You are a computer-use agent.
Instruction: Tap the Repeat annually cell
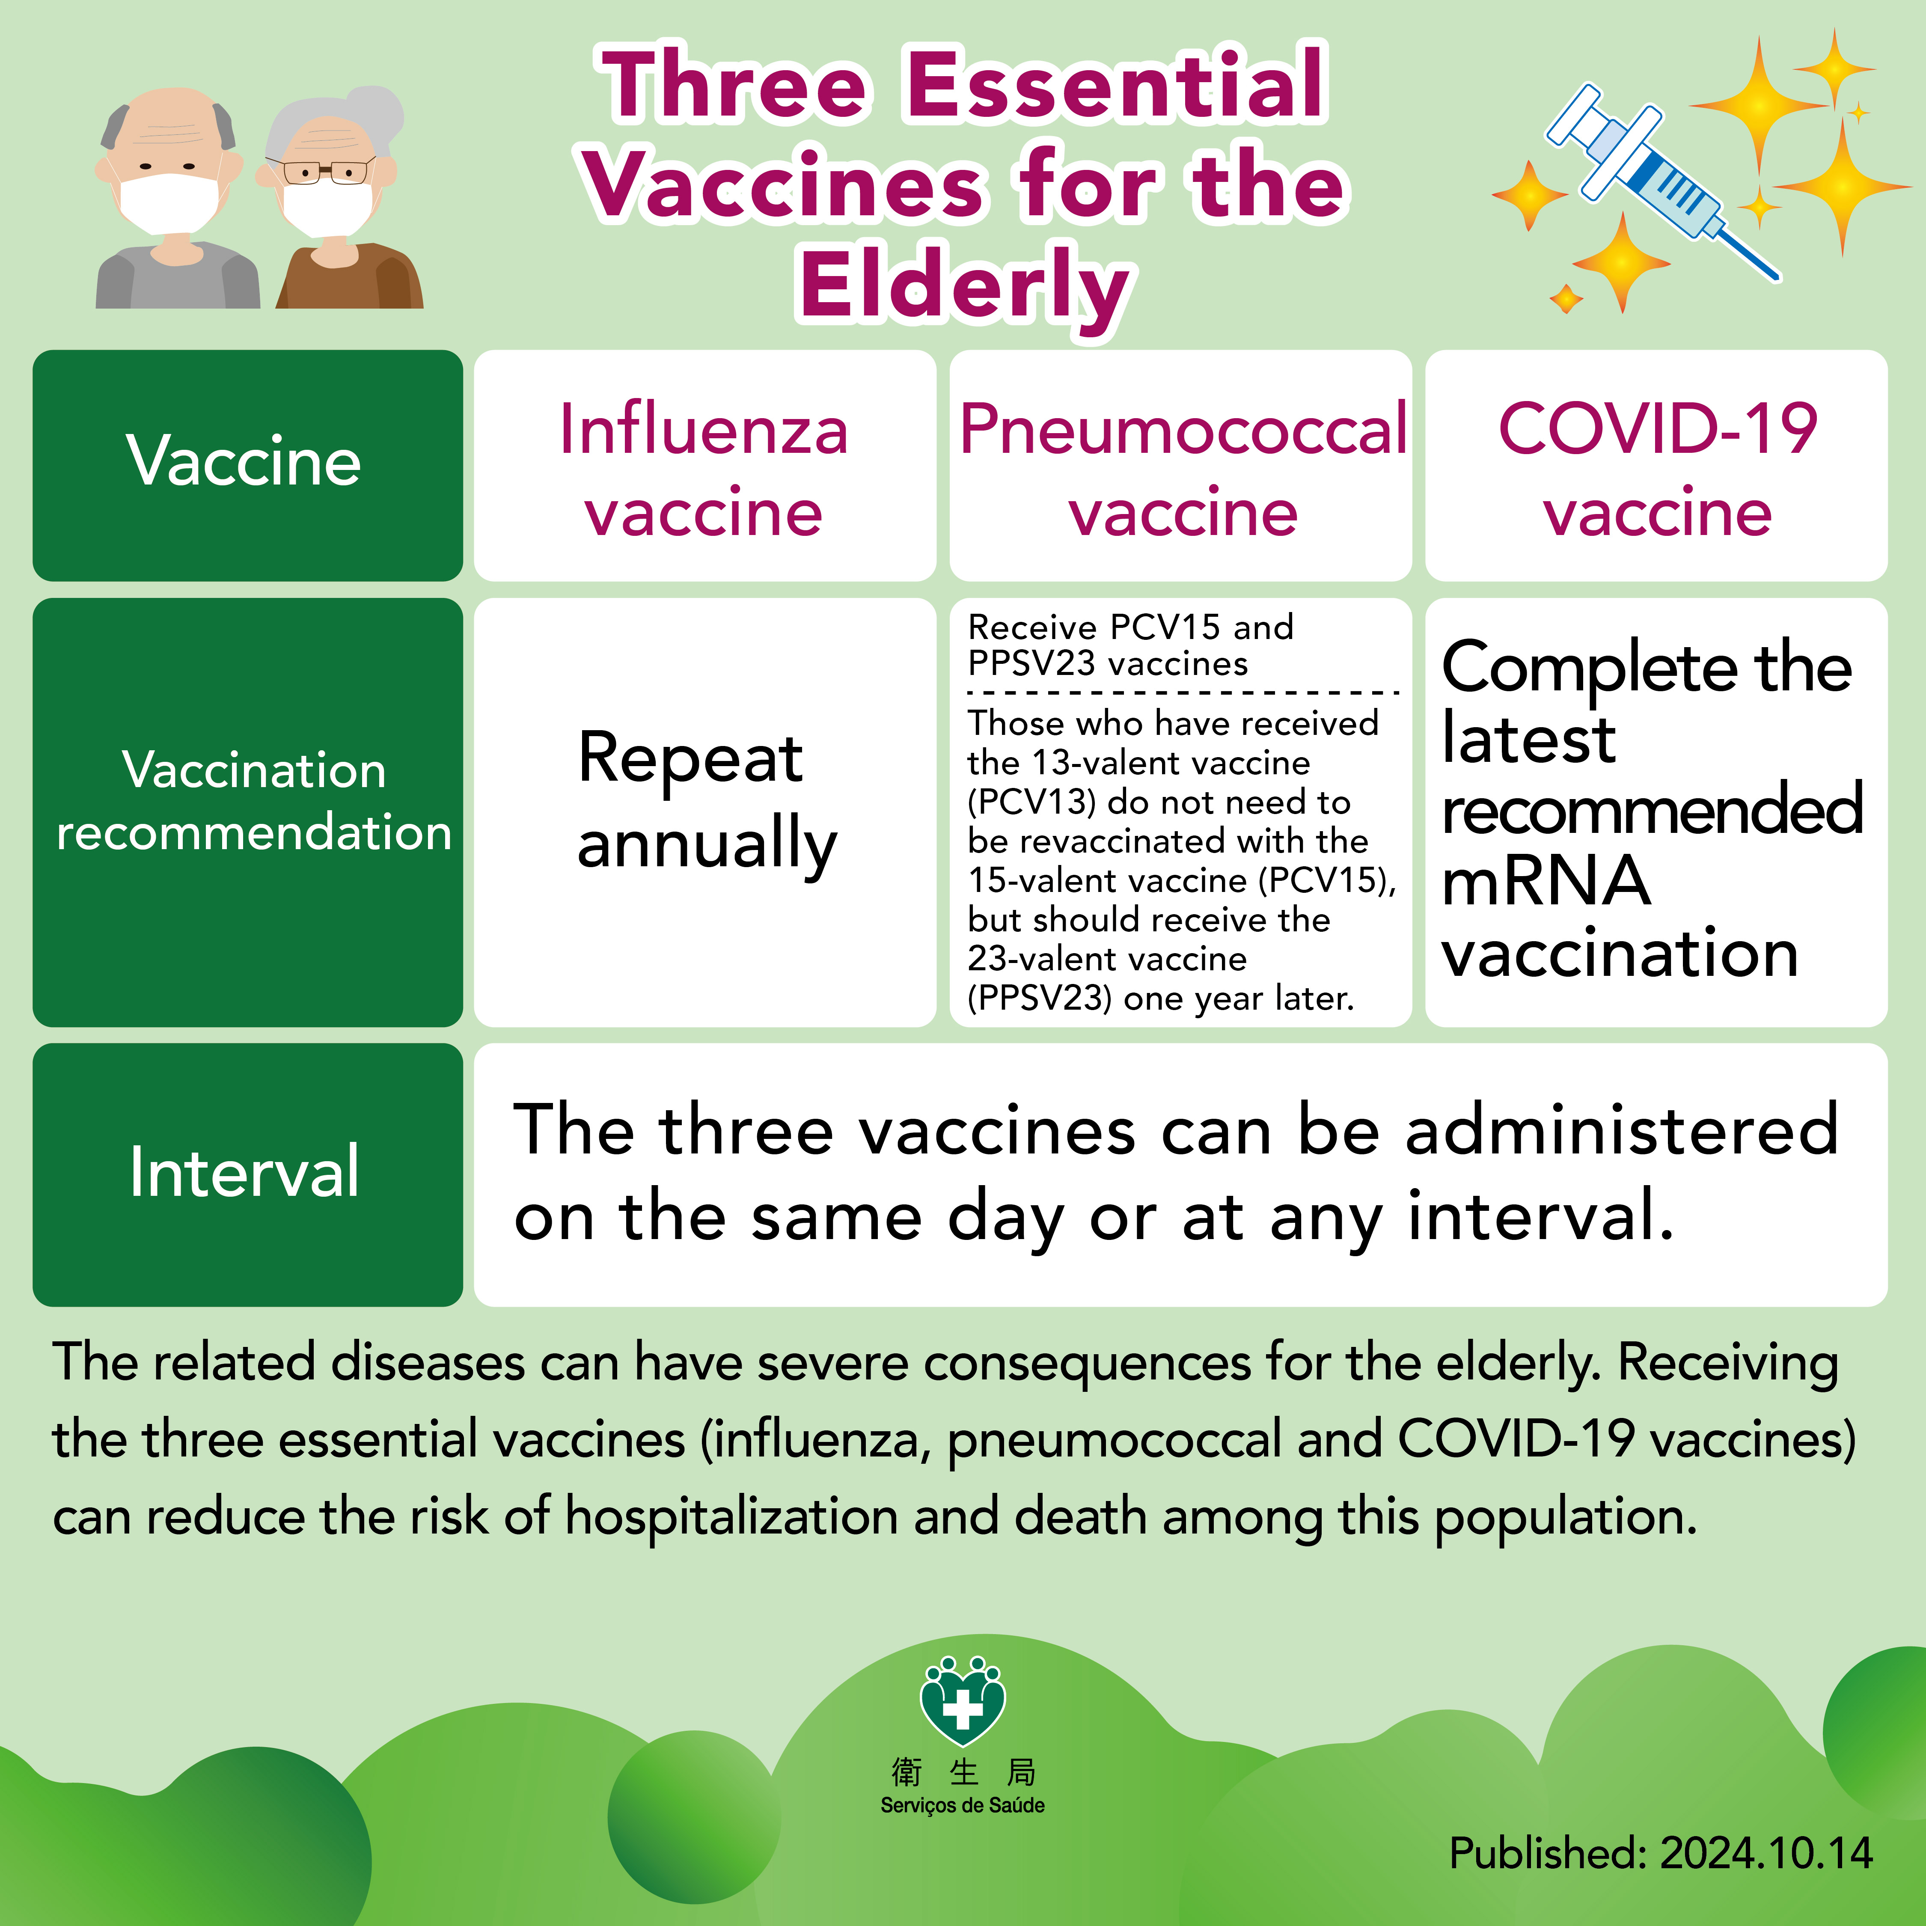pos(705,812)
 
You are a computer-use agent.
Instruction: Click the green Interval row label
pos(247,1174)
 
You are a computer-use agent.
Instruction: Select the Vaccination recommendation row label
pos(247,812)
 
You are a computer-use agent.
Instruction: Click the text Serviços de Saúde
pos(962,1805)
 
